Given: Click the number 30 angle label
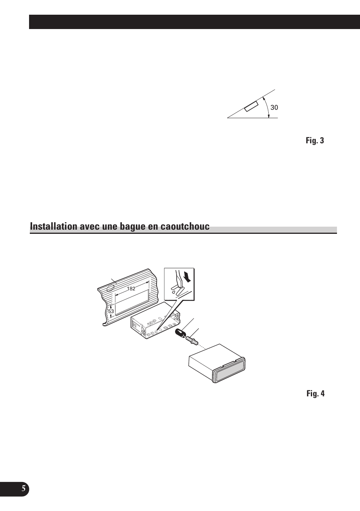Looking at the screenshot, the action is pos(274,107).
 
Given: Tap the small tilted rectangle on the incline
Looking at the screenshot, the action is pos(251,107).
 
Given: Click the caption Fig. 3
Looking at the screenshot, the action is pos(315,141).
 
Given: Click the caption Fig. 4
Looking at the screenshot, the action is pos(315,393).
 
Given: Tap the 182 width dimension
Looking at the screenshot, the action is pos(131,288).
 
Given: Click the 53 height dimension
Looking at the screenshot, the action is pos(111,312).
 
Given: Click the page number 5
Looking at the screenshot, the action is pos(23,488).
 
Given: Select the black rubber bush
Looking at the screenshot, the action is pos(181,335).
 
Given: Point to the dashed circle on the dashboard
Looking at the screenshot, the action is pos(111,288).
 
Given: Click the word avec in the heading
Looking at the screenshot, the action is pos(90,227).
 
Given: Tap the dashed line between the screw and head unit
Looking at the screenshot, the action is pos(202,346).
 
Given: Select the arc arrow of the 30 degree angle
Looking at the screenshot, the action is pos(267,107).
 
